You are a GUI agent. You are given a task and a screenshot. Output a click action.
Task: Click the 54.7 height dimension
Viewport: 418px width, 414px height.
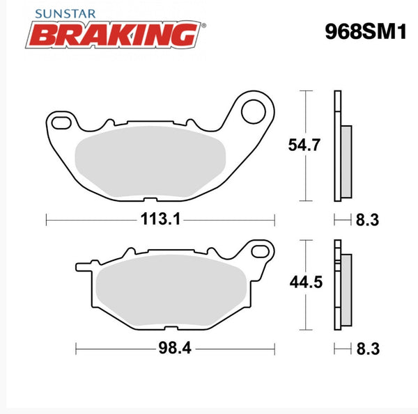tap(304, 145)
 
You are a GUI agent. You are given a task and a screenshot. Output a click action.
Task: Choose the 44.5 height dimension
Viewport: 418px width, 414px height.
tap(304, 282)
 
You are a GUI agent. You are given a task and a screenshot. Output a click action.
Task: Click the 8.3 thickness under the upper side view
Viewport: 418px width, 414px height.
tap(366, 221)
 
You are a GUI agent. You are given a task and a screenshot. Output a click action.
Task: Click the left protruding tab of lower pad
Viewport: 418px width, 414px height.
tap(82, 265)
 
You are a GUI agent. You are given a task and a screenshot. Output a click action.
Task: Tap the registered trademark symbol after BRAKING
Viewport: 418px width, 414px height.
tap(203, 26)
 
